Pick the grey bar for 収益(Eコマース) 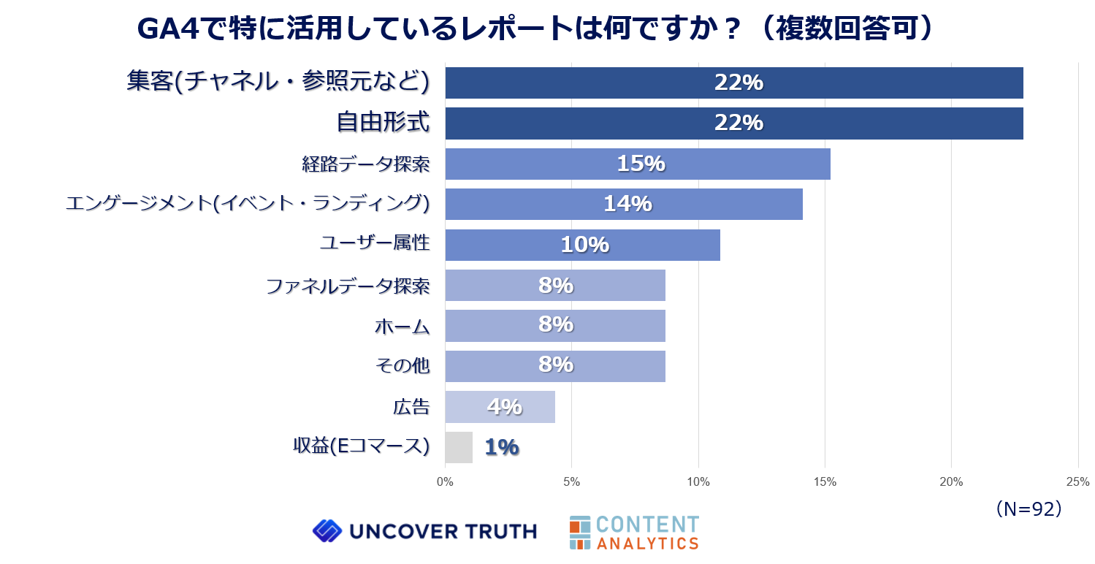point(458,447)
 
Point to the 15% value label point(641,164)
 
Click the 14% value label point(627,204)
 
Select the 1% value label point(501,447)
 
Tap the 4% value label point(504,406)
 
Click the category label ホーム point(402,326)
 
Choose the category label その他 point(402,366)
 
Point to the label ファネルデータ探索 point(347,286)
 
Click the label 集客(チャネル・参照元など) point(277,82)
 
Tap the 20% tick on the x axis point(951,482)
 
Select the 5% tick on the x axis point(571,482)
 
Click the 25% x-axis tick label point(1077,482)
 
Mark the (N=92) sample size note point(1028,509)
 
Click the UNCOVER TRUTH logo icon point(327,531)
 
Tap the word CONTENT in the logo point(647,524)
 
